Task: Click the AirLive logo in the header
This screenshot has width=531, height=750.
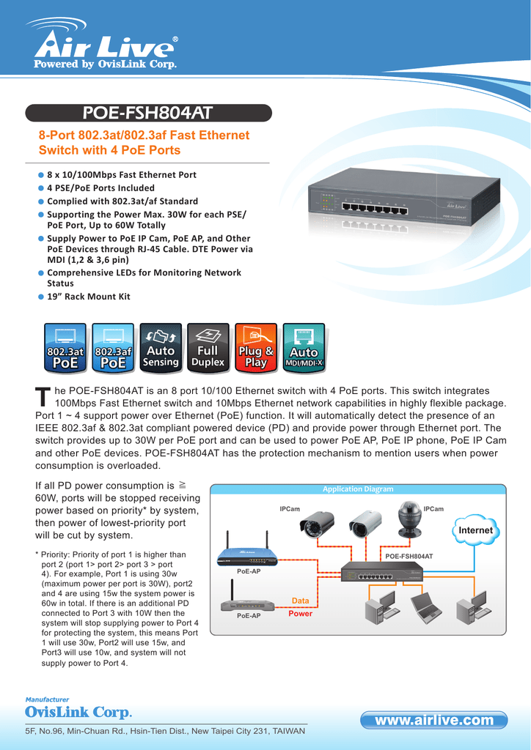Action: click(102, 45)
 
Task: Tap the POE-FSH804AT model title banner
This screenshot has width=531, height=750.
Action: click(148, 113)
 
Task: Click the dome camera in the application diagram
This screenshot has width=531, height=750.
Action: click(409, 519)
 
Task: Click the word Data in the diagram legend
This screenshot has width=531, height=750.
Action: click(301, 601)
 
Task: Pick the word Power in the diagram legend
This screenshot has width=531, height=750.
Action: click(301, 614)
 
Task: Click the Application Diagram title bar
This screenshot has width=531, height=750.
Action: click(358, 489)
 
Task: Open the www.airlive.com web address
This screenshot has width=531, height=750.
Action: click(434, 721)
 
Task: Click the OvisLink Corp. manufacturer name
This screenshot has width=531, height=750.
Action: click(79, 713)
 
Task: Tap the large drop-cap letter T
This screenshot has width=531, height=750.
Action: click(43, 397)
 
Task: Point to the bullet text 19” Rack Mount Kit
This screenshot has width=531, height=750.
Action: click(88, 297)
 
